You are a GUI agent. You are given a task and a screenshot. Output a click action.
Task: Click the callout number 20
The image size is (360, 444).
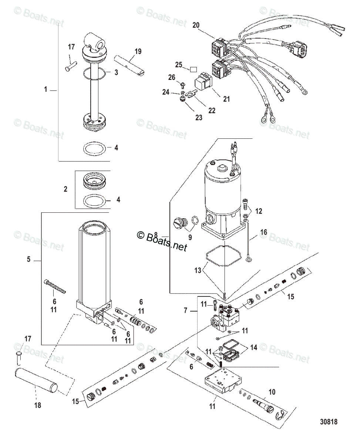tap(196, 25)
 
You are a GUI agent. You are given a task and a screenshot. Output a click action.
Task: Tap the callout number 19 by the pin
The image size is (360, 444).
tap(138, 51)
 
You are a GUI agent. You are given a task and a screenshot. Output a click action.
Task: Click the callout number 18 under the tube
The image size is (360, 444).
tap(37, 405)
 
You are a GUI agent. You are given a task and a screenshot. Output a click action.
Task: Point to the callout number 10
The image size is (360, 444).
tap(272, 391)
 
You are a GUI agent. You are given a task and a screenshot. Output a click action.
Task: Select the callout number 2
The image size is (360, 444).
tap(65, 189)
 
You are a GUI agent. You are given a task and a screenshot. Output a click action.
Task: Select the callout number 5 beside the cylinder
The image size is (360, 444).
tap(29, 259)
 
